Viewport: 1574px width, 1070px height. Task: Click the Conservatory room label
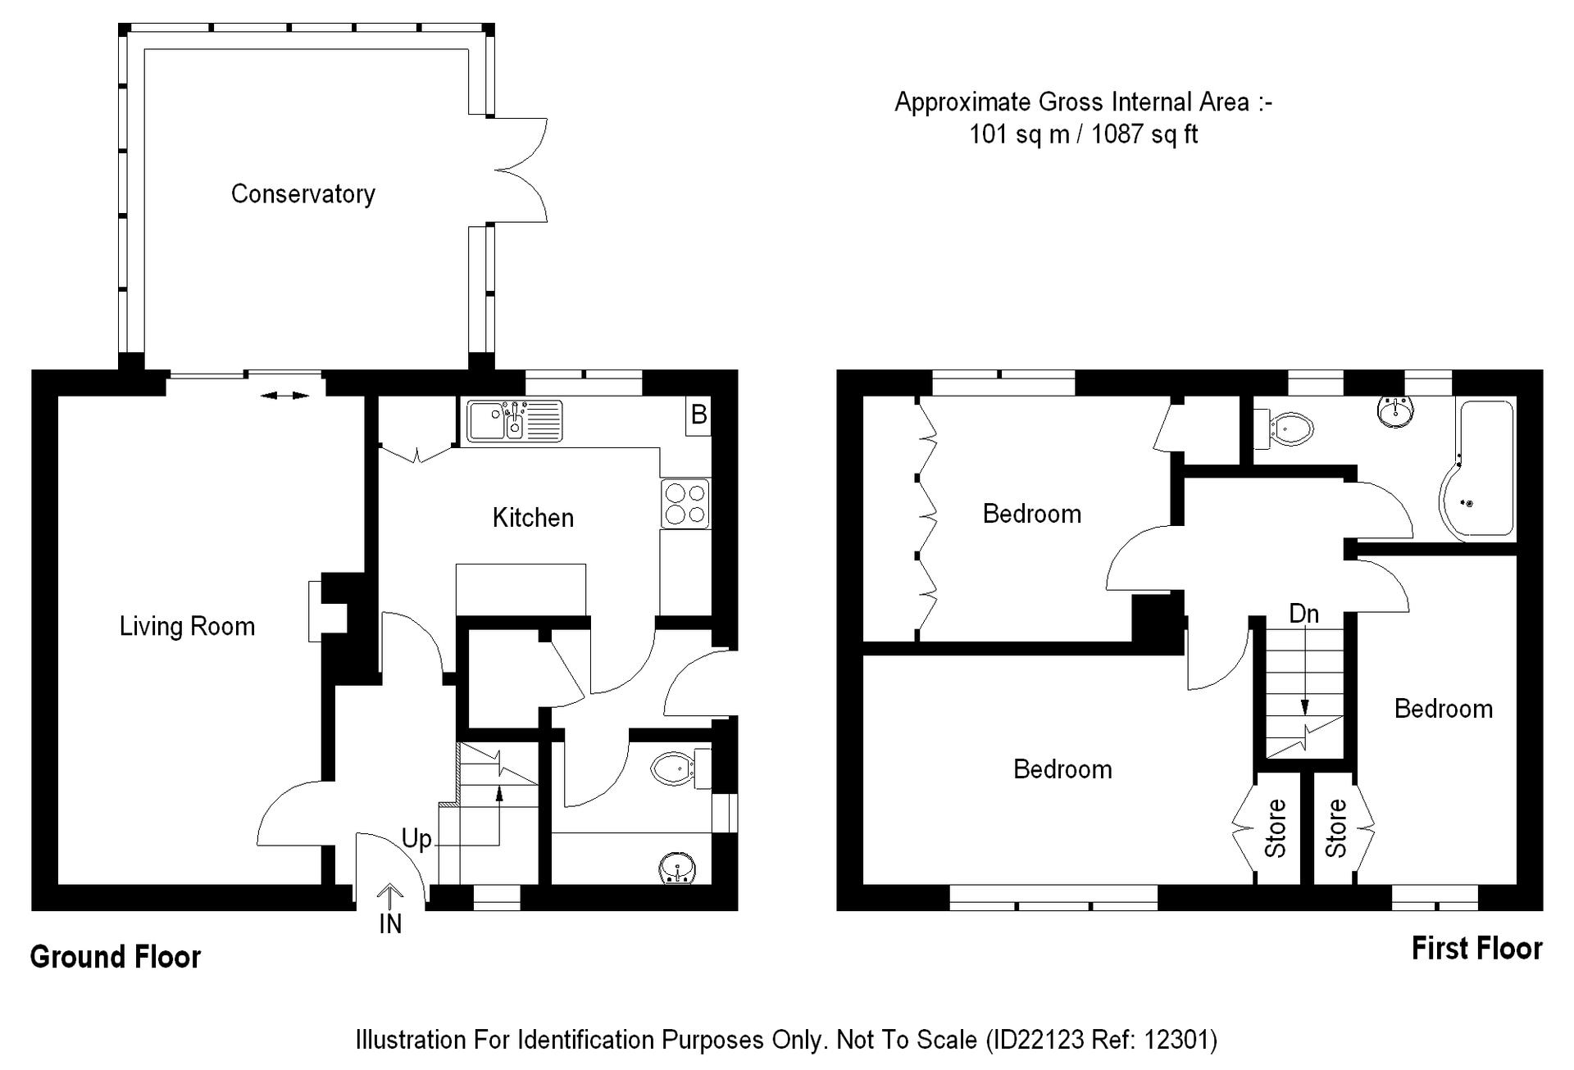point(303,194)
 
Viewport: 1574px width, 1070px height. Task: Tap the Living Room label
point(187,627)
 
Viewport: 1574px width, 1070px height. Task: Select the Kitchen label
point(533,518)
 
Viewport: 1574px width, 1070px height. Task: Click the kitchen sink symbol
point(515,421)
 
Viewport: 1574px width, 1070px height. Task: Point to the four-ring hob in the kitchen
point(685,504)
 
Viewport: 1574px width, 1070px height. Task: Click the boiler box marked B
point(698,415)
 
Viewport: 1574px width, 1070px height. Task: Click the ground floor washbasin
point(678,868)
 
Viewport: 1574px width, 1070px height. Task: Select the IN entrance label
point(390,924)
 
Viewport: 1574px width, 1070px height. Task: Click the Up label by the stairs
point(416,840)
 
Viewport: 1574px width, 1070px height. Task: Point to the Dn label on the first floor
point(1304,614)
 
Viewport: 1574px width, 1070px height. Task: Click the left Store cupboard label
point(1276,828)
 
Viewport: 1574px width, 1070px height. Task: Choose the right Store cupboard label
point(1336,828)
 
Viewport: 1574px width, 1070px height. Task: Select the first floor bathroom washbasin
point(1396,411)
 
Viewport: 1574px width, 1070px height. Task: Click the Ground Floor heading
point(116,957)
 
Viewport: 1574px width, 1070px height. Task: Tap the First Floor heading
point(1477,949)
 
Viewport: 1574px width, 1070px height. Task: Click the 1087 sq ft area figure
point(1144,134)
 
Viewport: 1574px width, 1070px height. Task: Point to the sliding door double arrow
point(284,397)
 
